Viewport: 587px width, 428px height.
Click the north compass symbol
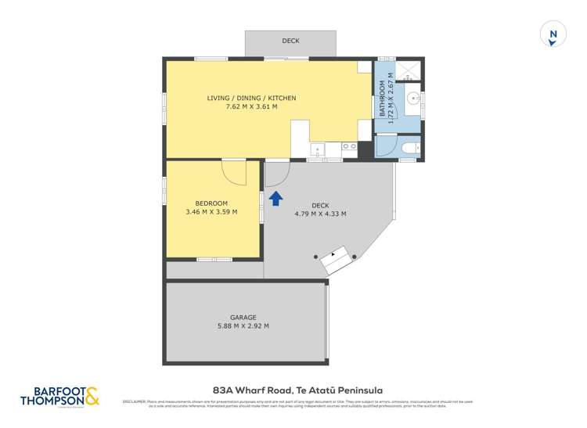(x=553, y=34)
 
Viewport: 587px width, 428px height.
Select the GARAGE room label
(x=243, y=318)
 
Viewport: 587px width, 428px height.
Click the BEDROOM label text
(x=211, y=203)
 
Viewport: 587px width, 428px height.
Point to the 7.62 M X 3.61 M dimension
(x=251, y=106)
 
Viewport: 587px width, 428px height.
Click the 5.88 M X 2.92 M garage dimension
(x=243, y=326)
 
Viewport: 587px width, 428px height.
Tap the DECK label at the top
(x=290, y=41)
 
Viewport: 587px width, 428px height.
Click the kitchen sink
(x=318, y=149)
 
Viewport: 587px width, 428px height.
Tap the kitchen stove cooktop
(x=350, y=146)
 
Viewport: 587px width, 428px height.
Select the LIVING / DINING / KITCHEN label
(x=251, y=98)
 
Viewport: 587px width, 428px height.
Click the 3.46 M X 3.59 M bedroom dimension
(x=211, y=212)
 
